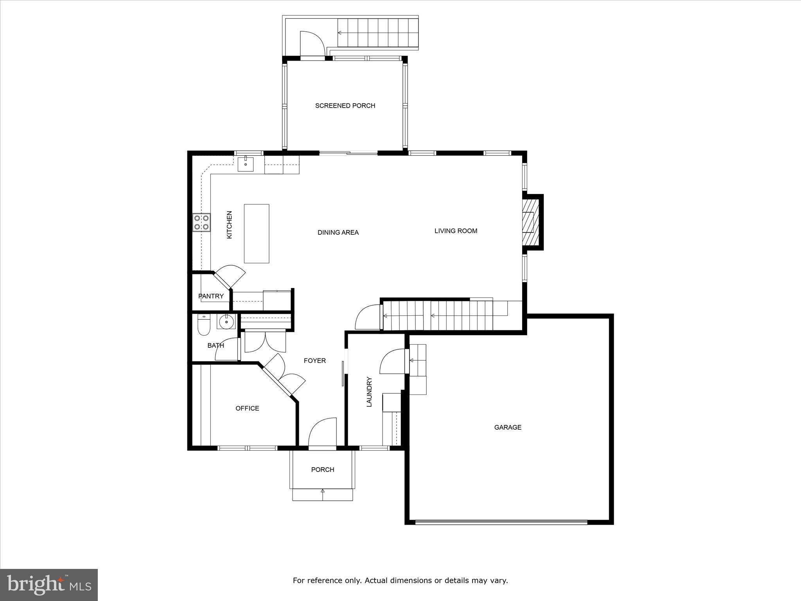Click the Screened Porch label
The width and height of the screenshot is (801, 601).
pyautogui.click(x=345, y=106)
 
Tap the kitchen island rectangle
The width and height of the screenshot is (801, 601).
pyautogui.click(x=257, y=233)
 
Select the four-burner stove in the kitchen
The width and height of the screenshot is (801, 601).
pyautogui.click(x=201, y=222)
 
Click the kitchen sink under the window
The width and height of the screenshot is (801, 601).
pyautogui.click(x=245, y=164)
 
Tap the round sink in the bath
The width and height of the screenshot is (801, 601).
pyautogui.click(x=226, y=322)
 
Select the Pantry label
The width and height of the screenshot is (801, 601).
pyautogui.click(x=211, y=296)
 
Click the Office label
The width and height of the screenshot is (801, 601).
pyautogui.click(x=247, y=408)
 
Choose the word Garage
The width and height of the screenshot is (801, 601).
pyautogui.click(x=508, y=427)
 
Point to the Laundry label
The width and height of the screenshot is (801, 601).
pyautogui.click(x=369, y=392)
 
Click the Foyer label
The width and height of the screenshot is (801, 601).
pyautogui.click(x=315, y=361)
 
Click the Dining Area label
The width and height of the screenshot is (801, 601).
pyautogui.click(x=338, y=232)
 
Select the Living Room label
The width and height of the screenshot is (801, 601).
pyautogui.click(x=456, y=231)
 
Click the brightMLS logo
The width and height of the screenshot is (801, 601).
pyautogui.click(x=49, y=585)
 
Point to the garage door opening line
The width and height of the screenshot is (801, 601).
pyautogui.click(x=501, y=522)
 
